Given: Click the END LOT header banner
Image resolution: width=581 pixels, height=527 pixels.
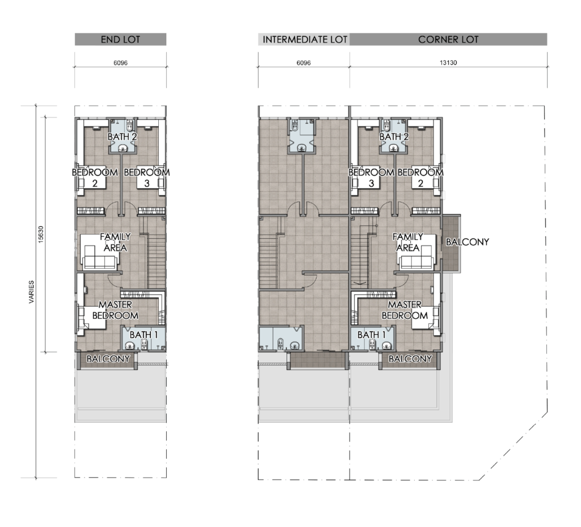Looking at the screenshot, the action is point(120,39).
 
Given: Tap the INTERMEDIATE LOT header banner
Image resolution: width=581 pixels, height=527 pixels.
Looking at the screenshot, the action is point(304,39).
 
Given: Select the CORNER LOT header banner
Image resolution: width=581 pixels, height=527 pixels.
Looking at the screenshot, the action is point(448,39).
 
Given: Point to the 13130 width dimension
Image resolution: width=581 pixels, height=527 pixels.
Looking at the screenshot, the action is point(448,62).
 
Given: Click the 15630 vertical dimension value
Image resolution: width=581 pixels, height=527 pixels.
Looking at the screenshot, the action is point(41,234).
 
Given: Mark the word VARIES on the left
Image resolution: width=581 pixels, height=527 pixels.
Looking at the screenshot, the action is point(31,292).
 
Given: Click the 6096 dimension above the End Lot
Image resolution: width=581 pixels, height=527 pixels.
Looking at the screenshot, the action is point(120,63).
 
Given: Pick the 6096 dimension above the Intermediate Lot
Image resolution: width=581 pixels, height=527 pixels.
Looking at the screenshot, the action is point(304,63).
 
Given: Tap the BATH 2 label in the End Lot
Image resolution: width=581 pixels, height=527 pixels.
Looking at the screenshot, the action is point(123,137).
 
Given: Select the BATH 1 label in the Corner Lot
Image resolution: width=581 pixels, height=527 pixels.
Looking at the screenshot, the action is point(372,335).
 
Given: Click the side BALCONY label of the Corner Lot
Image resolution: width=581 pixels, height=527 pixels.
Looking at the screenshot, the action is point(468,242).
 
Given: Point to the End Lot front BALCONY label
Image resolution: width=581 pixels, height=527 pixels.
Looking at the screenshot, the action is point(108,359).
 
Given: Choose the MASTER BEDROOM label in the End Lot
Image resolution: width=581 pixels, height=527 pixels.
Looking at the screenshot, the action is point(115,310).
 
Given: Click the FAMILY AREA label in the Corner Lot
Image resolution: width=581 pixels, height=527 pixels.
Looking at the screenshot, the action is point(407,242).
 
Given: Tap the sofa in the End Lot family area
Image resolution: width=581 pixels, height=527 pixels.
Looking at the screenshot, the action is point(100,257).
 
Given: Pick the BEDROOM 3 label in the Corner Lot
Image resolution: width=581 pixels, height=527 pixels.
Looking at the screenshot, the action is point(371,178).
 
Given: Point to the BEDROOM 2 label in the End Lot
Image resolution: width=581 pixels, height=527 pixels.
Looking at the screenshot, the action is point(95,178).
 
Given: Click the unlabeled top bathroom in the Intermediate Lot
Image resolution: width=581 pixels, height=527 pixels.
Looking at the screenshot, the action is point(302,136).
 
